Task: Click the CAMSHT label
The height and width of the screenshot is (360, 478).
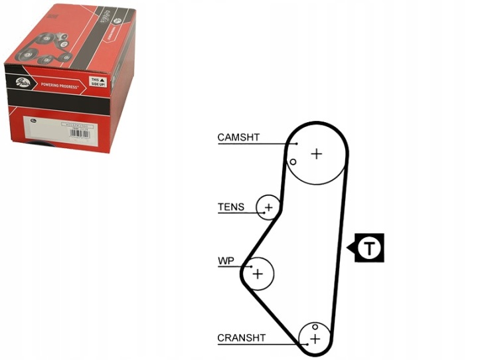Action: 238,137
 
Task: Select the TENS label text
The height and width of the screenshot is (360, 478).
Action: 231,207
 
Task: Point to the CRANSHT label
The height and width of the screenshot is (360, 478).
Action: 242,337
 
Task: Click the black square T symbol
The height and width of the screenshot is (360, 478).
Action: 369,248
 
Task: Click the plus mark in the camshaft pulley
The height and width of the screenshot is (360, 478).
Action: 317,153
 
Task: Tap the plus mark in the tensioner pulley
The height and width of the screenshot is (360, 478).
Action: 268,209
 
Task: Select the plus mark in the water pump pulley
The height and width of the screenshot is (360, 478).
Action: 258,273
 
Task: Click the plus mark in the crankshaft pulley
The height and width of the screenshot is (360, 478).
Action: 315,339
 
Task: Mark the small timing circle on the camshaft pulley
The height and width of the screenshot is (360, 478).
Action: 292,161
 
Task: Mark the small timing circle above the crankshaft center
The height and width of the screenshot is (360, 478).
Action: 315,327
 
